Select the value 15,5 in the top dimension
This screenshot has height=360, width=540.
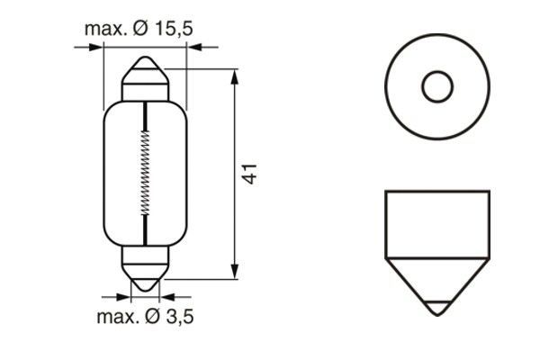click(x=172, y=29)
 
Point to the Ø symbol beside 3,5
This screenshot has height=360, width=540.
click(x=151, y=316)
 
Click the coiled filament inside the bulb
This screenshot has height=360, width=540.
click(x=144, y=171)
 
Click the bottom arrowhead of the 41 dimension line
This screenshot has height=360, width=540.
click(x=235, y=273)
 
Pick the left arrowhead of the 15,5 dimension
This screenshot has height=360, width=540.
click(x=96, y=48)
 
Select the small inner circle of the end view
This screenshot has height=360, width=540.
click(x=436, y=87)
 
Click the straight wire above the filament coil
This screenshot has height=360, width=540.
click(x=144, y=114)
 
